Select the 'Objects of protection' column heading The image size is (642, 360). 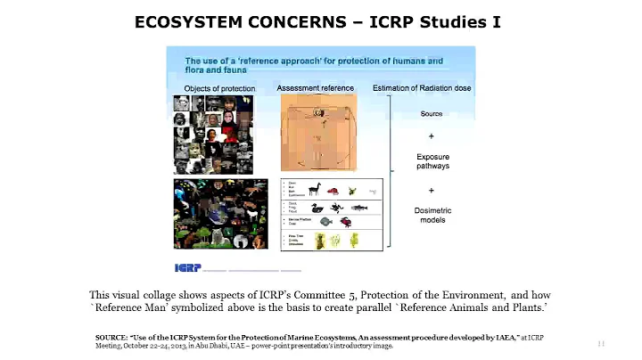[219, 89]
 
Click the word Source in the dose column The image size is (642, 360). [432, 114]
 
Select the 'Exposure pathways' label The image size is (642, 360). [432, 161]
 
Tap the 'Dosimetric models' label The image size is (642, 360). [432, 214]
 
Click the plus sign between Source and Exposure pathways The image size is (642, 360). [432, 136]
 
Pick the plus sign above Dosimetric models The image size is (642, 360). [432, 190]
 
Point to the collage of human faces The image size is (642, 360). [214, 134]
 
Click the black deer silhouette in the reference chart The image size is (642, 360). [314, 189]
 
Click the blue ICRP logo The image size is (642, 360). [187, 267]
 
